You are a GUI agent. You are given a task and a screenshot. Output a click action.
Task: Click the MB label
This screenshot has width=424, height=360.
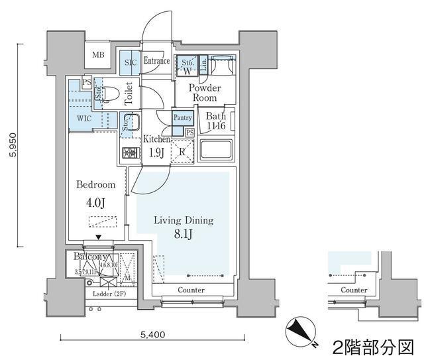coord(98,55)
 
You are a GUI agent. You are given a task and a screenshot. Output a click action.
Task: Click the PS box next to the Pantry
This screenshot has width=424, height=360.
coord(189,132)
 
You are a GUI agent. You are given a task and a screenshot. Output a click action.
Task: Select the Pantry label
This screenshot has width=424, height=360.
coord(182,118)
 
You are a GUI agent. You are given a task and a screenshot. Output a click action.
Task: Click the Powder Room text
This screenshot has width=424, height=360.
coord(204,93)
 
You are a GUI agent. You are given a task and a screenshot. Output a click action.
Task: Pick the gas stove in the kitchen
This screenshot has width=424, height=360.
coord(129,152)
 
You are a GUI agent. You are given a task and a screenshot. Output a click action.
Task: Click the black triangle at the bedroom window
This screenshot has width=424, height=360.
coord(99,237)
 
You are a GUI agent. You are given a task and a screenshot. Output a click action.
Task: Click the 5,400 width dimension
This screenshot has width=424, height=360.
coord(154,335)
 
